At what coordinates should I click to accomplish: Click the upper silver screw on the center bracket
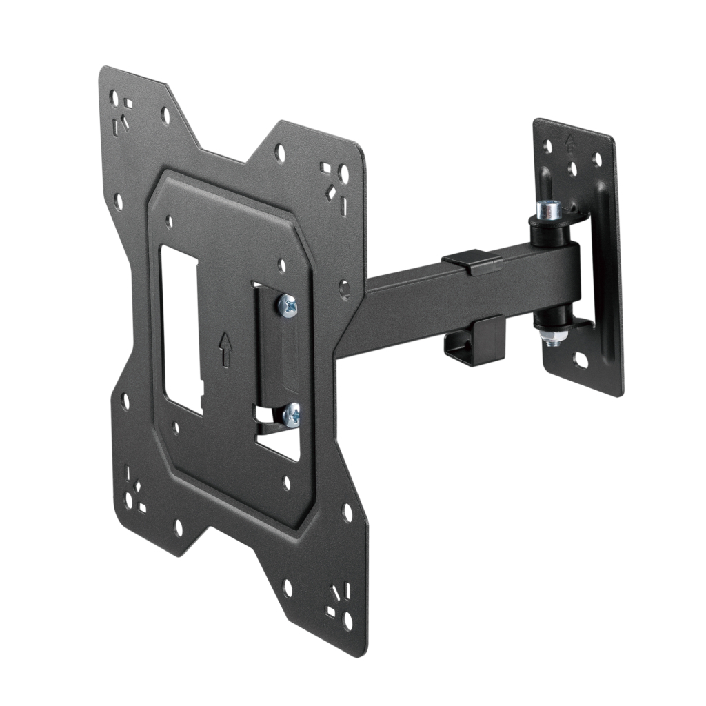[288, 305]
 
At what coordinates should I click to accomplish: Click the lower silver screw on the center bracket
[292, 415]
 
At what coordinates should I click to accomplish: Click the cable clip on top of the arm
[472, 263]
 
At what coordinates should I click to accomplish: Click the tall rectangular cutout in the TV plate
[180, 327]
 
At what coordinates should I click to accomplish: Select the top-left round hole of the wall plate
[547, 146]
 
